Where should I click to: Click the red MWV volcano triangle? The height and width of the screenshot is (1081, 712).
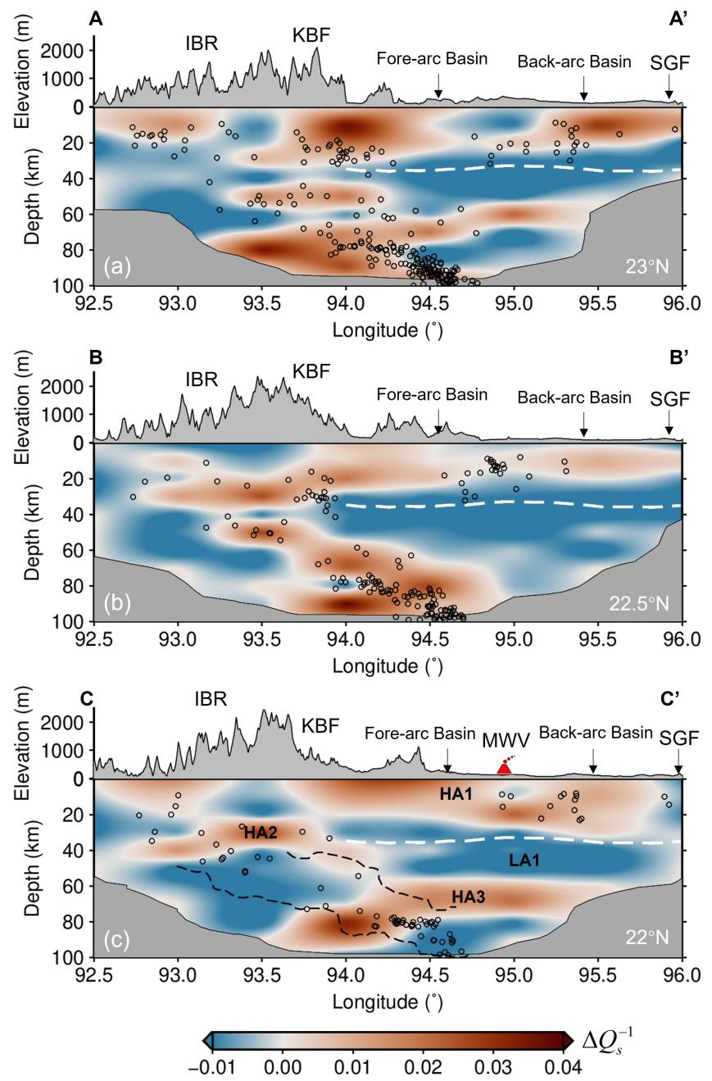pos(505,766)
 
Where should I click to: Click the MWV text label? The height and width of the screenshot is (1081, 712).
pos(506,740)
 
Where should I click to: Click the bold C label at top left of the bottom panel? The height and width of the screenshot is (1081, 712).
pos(86,699)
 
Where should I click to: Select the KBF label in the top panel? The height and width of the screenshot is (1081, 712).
pos(311,35)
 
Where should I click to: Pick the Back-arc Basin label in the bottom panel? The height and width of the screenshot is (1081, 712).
pos(596,732)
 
